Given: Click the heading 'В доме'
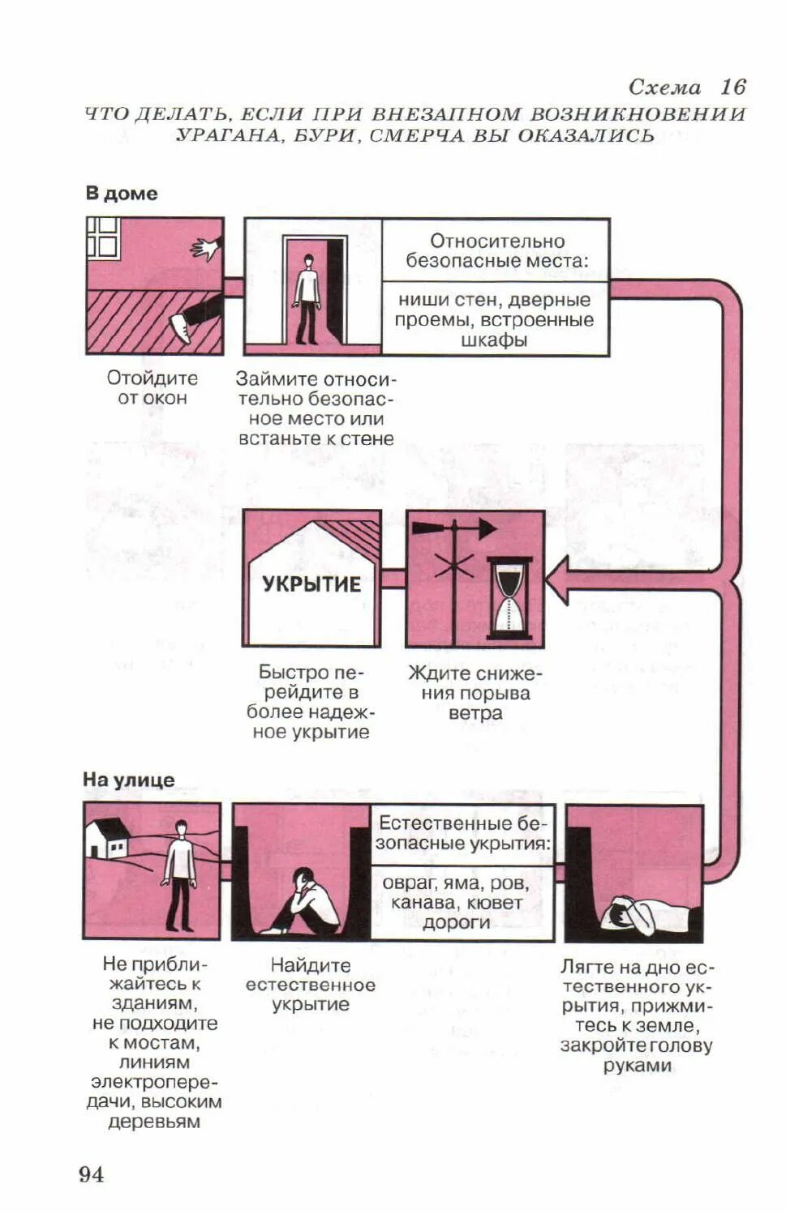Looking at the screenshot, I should pos(122,194).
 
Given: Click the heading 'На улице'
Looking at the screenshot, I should pos(129,780).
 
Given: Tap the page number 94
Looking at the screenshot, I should pos(91,1174).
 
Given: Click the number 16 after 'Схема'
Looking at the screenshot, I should pos(732,88).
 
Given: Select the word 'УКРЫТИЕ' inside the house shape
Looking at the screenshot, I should pos(311,584).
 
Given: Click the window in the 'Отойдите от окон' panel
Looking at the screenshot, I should pos(104,237).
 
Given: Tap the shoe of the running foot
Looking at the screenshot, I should pos(180,329).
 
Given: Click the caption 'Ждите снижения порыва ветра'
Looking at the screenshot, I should pos(475,694).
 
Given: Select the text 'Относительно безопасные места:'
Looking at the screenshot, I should pos(496,251).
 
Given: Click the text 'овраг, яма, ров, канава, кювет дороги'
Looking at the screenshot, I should pos(456,903).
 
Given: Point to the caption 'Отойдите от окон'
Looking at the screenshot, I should pos(152,388).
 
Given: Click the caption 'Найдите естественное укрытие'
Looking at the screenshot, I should pos(311,985).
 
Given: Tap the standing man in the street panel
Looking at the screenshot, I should pos(178,874).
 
